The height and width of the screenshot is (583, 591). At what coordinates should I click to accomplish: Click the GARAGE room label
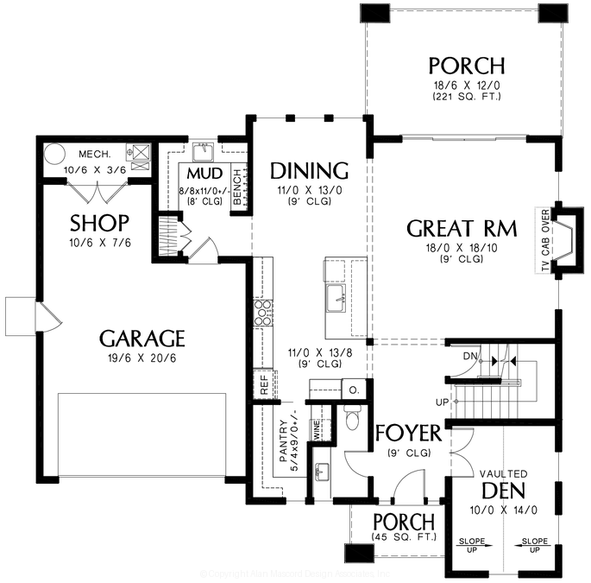click(x=141, y=338)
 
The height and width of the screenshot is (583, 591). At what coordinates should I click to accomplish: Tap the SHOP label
click(x=99, y=224)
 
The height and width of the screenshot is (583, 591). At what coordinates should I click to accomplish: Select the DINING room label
click(x=309, y=169)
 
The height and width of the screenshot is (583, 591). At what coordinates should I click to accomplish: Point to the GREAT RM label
click(x=462, y=229)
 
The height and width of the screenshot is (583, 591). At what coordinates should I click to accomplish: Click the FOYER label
click(x=407, y=432)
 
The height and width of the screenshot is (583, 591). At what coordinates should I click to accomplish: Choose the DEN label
click(x=504, y=491)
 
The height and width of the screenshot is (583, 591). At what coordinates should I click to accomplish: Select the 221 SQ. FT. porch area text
click(x=467, y=97)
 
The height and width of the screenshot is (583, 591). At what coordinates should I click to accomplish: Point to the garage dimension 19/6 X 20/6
click(x=141, y=358)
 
